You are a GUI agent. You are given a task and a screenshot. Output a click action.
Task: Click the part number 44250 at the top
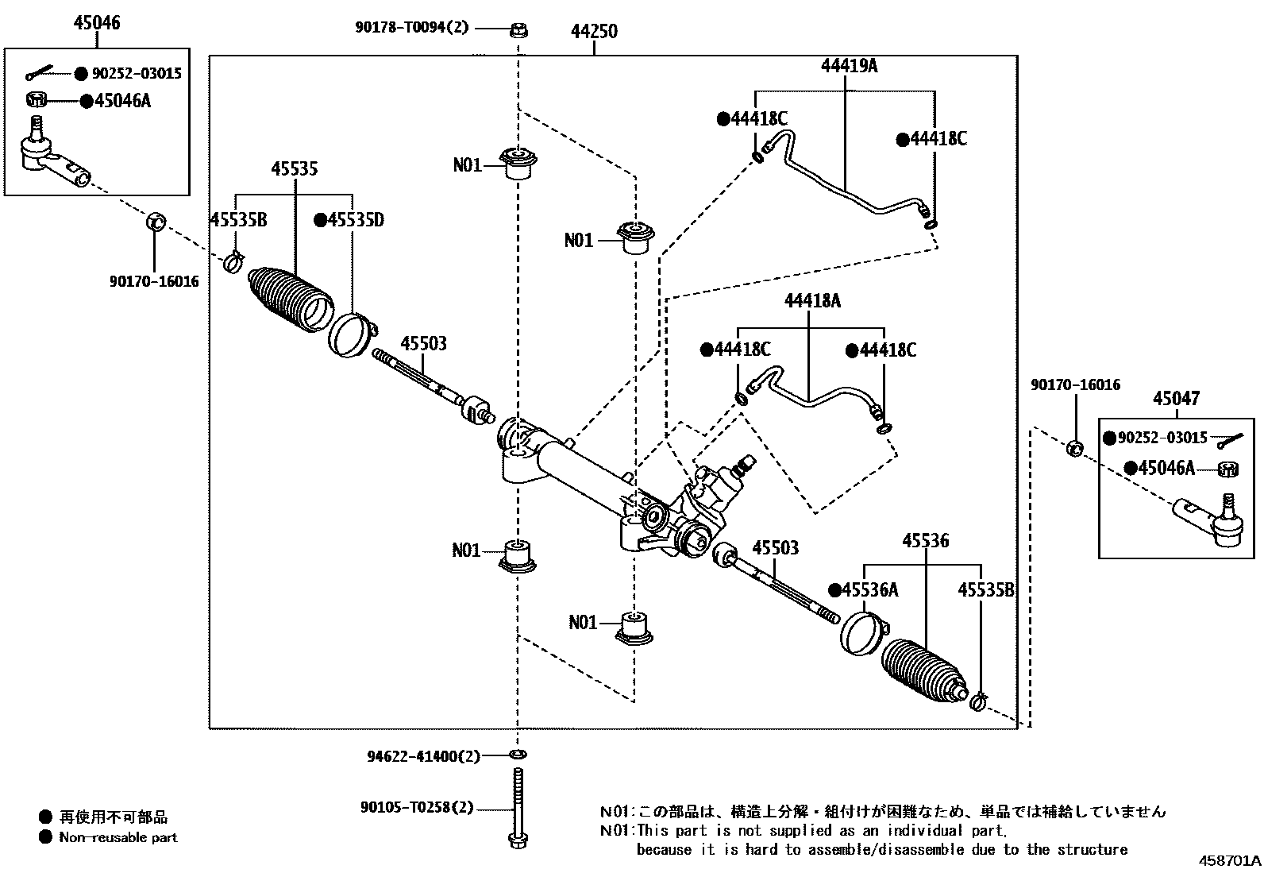pos(594,33)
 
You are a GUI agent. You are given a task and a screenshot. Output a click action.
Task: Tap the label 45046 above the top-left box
pos(97,23)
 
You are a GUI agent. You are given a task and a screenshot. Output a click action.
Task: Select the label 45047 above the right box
pos(1176,398)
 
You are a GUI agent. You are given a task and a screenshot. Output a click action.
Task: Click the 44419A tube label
pos(849,66)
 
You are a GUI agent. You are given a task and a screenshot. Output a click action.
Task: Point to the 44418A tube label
pos(812,300)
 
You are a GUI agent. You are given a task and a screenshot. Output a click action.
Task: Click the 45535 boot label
pos(295,168)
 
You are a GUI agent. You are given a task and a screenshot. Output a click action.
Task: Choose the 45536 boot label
pos(925,541)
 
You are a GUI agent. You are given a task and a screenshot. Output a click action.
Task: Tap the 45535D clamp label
pos(349,220)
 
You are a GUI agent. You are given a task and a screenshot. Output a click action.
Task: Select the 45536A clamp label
pos(864,590)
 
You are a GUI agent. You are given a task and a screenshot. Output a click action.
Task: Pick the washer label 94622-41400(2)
pos(423,756)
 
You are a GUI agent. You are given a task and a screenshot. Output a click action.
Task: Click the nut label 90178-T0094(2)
pos(411,28)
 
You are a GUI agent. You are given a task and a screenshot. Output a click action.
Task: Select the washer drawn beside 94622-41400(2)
pos(518,754)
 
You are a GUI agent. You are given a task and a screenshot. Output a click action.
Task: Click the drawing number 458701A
pos(1229,861)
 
